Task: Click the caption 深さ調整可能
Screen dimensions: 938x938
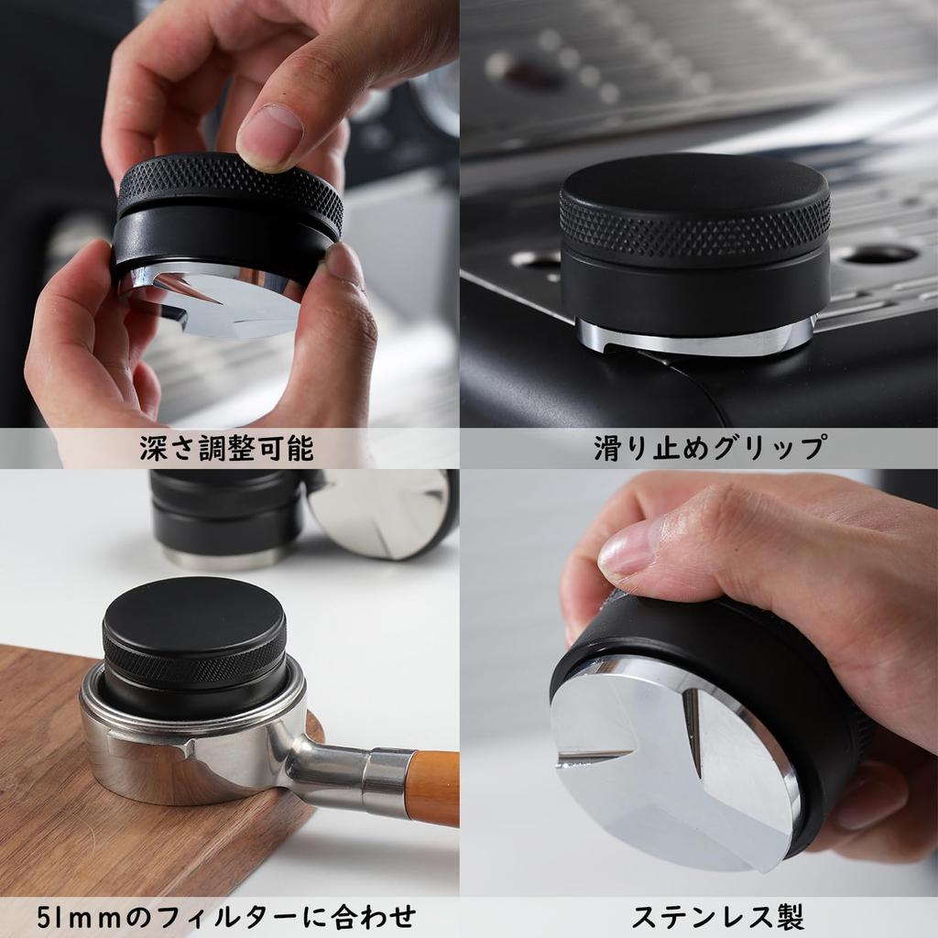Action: (x=226, y=448)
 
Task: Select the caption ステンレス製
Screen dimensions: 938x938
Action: (x=717, y=916)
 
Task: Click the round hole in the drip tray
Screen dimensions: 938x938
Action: (x=879, y=254)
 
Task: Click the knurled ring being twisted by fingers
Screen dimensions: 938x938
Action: (x=229, y=188)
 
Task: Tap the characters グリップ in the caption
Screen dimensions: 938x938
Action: (x=775, y=448)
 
